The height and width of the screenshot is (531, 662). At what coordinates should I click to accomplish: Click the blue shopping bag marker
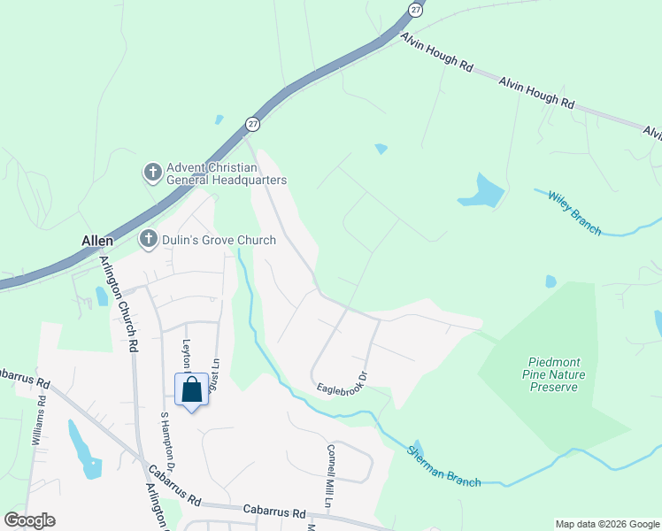192,390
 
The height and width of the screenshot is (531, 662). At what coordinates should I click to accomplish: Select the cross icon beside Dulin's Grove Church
148,239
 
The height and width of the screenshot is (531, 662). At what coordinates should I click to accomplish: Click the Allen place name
98,241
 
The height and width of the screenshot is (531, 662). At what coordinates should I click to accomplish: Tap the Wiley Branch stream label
574,213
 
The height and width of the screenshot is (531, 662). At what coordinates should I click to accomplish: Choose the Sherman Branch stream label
443,466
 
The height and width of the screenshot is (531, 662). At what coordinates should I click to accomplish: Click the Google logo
29,520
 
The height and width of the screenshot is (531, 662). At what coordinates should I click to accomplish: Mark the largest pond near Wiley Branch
481,191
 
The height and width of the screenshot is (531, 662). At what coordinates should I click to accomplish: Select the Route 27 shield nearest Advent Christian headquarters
253,123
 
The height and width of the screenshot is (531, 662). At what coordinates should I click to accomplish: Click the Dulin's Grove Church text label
218,239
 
